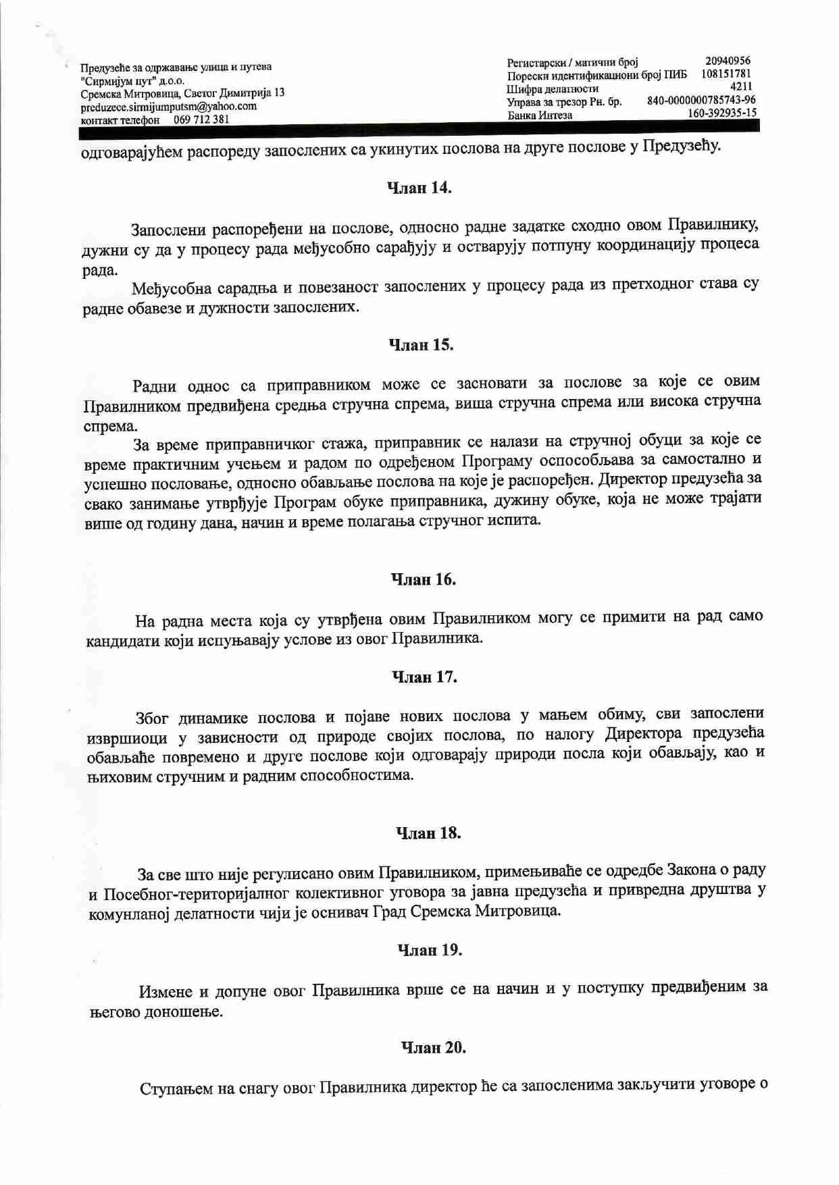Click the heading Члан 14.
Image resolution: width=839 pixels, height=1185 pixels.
click(419, 188)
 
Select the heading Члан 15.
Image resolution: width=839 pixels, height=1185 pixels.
click(421, 345)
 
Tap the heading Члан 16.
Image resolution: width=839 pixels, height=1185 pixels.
click(424, 579)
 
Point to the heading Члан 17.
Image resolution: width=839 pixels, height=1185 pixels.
click(424, 677)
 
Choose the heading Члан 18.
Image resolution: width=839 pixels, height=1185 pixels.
click(428, 833)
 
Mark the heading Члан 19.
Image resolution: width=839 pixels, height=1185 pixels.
click(430, 951)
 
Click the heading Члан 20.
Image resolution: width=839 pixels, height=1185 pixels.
click(434, 1047)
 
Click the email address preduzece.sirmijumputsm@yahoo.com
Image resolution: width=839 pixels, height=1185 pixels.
click(168, 107)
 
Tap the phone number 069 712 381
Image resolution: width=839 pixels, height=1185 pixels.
click(201, 120)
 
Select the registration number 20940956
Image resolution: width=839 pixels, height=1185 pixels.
click(728, 61)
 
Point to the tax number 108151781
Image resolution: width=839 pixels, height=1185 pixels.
click(726, 74)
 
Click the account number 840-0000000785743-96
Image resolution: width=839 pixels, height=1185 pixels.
click(701, 100)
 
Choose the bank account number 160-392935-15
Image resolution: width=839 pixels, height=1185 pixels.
click(721, 113)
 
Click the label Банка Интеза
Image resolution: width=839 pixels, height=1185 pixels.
click(540, 115)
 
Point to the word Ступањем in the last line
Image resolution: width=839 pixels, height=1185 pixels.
click(180, 1088)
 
